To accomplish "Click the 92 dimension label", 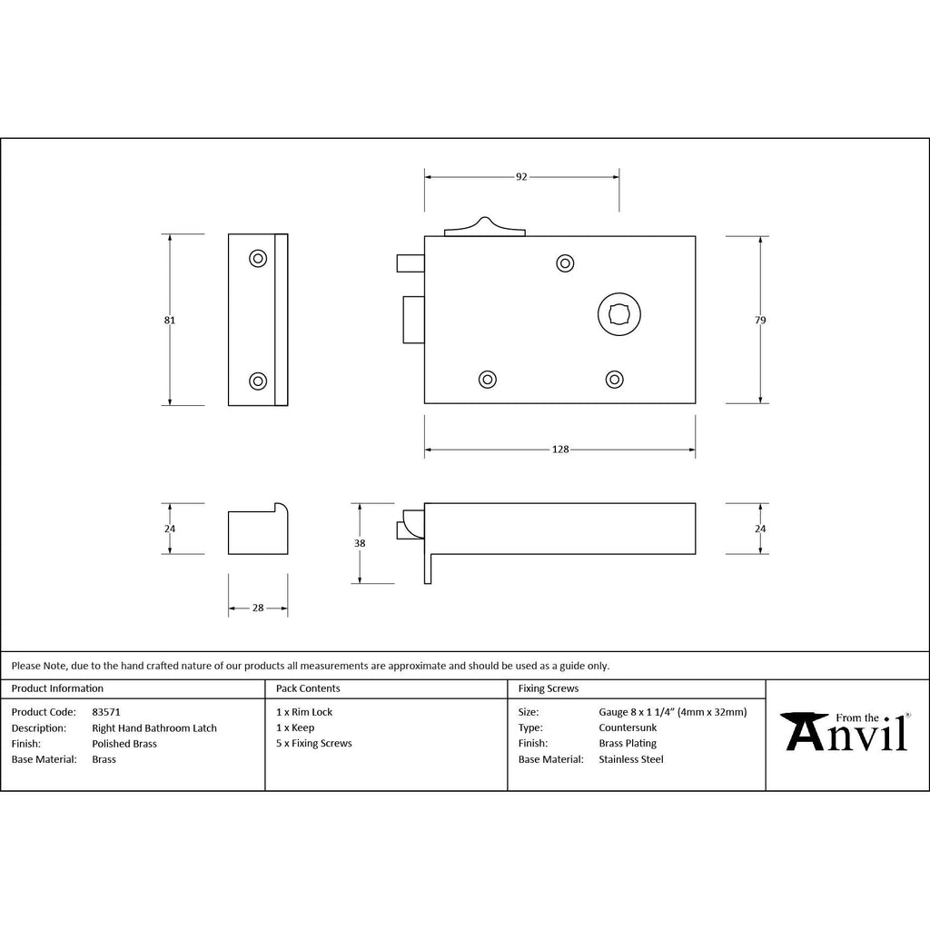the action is (x=521, y=177).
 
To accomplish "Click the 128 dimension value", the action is (x=560, y=450).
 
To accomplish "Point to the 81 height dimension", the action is (x=170, y=321).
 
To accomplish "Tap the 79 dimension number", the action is (x=760, y=321).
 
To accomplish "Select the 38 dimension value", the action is (x=360, y=543).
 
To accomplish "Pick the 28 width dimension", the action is (x=258, y=608).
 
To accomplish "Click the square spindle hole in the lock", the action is (x=619, y=314).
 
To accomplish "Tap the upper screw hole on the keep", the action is (x=258, y=259).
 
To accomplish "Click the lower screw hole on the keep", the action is (x=258, y=381).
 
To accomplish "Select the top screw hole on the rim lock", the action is (x=565, y=263).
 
